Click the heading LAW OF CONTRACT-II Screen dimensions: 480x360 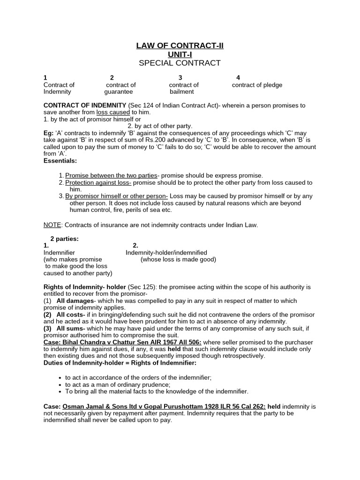click(180, 45)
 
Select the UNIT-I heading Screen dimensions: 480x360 click(180, 54)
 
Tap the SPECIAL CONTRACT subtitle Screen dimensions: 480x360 click(180, 63)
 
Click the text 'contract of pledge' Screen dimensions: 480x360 click(257, 85)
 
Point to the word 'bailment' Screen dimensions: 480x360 click(181, 92)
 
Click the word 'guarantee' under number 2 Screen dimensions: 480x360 click(118, 92)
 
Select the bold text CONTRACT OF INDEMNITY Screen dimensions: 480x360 click(85, 105)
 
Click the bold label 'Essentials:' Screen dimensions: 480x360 click(60, 160)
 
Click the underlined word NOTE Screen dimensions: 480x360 click(52, 225)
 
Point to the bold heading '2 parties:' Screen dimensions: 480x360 click(64, 239)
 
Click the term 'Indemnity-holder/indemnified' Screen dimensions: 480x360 click(166, 252)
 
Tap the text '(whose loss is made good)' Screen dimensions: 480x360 click(178, 259)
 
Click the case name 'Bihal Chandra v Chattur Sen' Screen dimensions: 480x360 click(105, 342)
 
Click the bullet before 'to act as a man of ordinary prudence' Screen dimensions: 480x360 click(61, 385)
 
